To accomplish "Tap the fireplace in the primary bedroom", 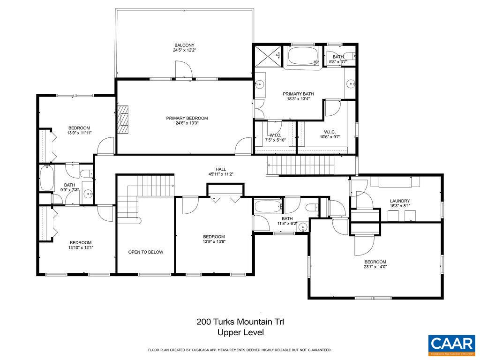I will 123,120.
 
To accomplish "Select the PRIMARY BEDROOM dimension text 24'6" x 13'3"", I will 187,124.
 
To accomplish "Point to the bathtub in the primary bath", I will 303,57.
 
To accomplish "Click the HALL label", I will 221,169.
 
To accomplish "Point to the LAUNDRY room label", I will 400,201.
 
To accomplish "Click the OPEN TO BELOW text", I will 146,252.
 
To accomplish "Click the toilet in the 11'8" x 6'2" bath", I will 311,207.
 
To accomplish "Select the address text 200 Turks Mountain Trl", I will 240,322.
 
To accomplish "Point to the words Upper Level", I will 240,333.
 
